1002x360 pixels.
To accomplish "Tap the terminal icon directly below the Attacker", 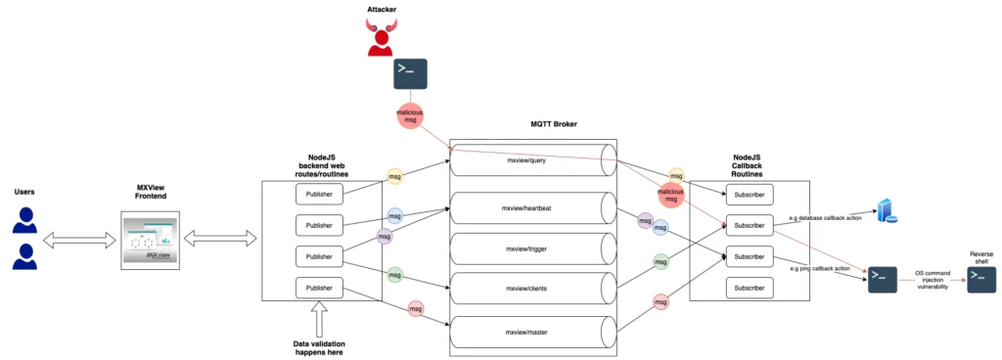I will pyautogui.click(x=410, y=74).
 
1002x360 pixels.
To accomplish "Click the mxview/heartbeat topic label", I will pyautogui.click(x=529, y=208).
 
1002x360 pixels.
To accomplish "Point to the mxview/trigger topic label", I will pyautogui.click(x=529, y=249).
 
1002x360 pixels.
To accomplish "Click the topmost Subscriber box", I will pyautogui.click(x=751, y=194).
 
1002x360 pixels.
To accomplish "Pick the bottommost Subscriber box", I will pyautogui.click(x=751, y=288).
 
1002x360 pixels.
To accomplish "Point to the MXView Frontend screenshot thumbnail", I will pyautogui.click(x=152, y=240).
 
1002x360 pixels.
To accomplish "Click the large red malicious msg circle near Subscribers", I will pyautogui.click(x=670, y=193).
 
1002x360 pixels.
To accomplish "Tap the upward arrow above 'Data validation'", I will pyautogui.click(x=320, y=319).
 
